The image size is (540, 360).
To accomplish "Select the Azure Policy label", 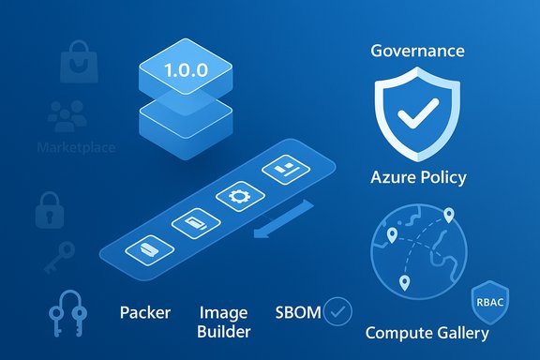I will pyautogui.click(x=418, y=177).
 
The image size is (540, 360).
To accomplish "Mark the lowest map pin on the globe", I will pyautogui.click(x=405, y=283).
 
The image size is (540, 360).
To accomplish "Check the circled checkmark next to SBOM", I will pyautogui.click(x=337, y=311).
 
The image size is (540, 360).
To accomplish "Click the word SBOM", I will pyautogui.click(x=295, y=311).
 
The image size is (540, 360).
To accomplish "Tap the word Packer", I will pyautogui.click(x=145, y=312).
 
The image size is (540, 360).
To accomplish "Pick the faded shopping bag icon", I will pyautogui.click(x=76, y=63).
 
